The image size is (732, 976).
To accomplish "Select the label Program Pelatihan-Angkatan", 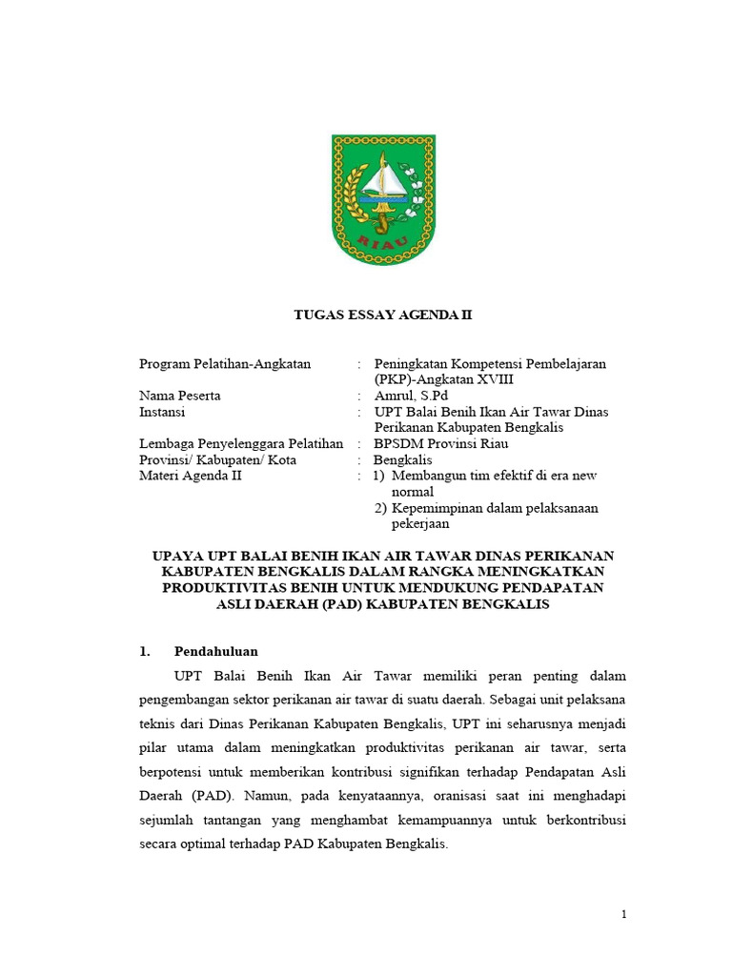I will tap(225, 364).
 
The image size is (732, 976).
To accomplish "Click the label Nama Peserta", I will tap(180, 396).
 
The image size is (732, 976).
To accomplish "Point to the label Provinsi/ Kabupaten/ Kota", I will tap(217, 459).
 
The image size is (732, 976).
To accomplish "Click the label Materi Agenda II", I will tap(191, 476).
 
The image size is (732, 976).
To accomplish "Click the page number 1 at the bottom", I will tap(623, 915).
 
